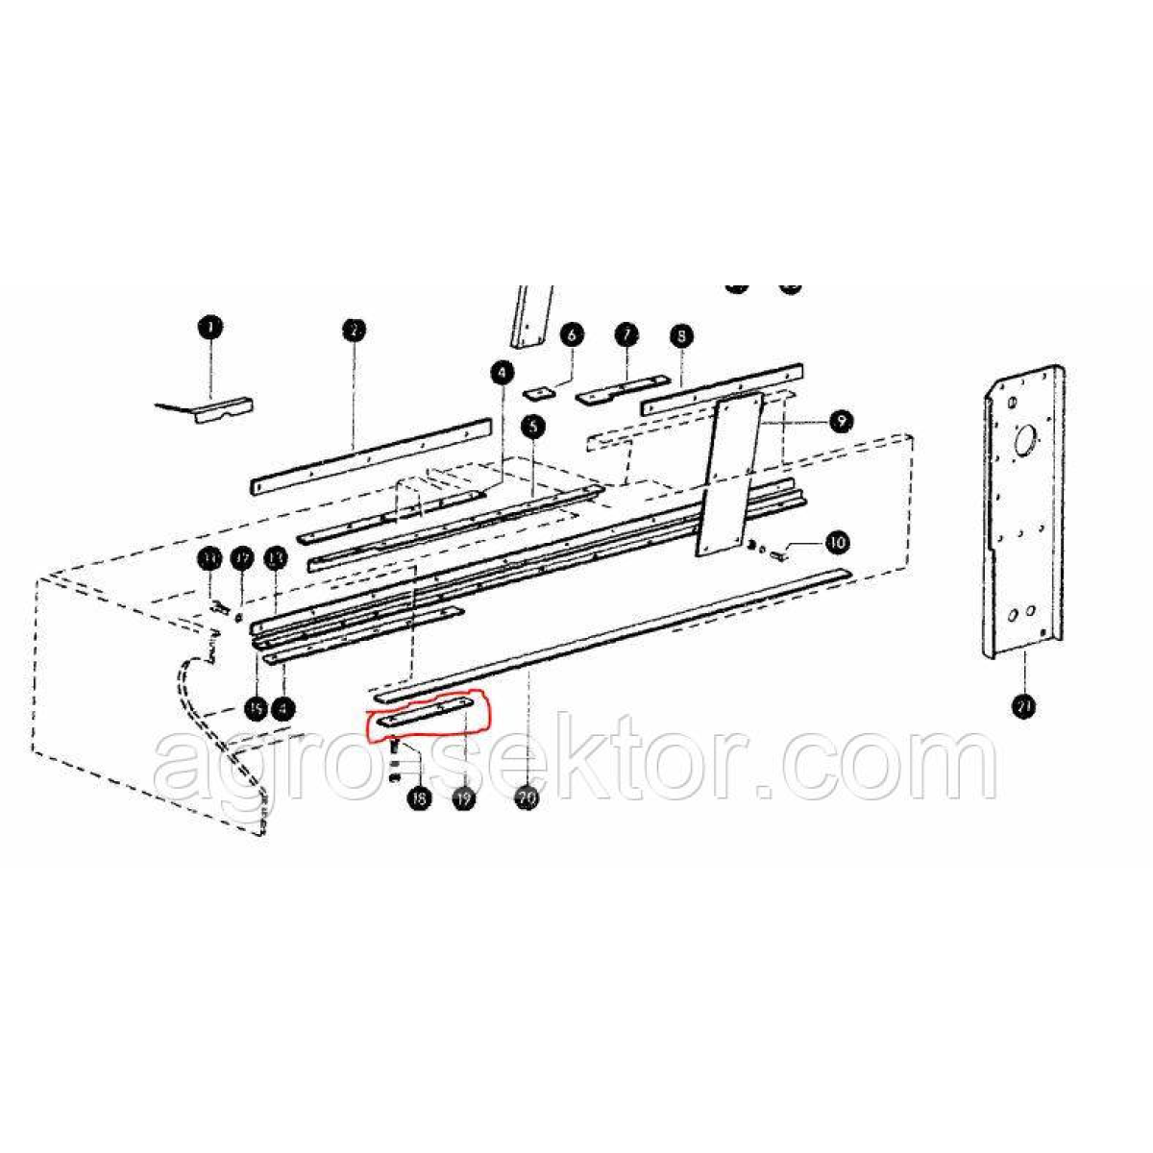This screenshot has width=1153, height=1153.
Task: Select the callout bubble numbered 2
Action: coord(353,331)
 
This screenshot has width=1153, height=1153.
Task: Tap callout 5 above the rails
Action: coord(531,426)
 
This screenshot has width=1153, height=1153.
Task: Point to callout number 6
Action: coord(572,335)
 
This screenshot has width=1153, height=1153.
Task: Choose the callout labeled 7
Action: coord(626,334)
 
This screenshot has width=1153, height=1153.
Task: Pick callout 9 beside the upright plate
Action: coord(840,421)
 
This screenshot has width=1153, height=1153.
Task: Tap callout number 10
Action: coord(837,543)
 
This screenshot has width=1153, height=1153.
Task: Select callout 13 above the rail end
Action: coord(276,557)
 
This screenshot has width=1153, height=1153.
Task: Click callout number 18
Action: coord(418,797)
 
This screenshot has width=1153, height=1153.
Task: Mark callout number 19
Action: coord(465,797)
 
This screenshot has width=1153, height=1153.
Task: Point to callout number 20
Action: coord(527,797)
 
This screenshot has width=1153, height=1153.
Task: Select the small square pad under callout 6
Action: coord(541,392)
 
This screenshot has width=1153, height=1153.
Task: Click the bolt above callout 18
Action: coord(395,747)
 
